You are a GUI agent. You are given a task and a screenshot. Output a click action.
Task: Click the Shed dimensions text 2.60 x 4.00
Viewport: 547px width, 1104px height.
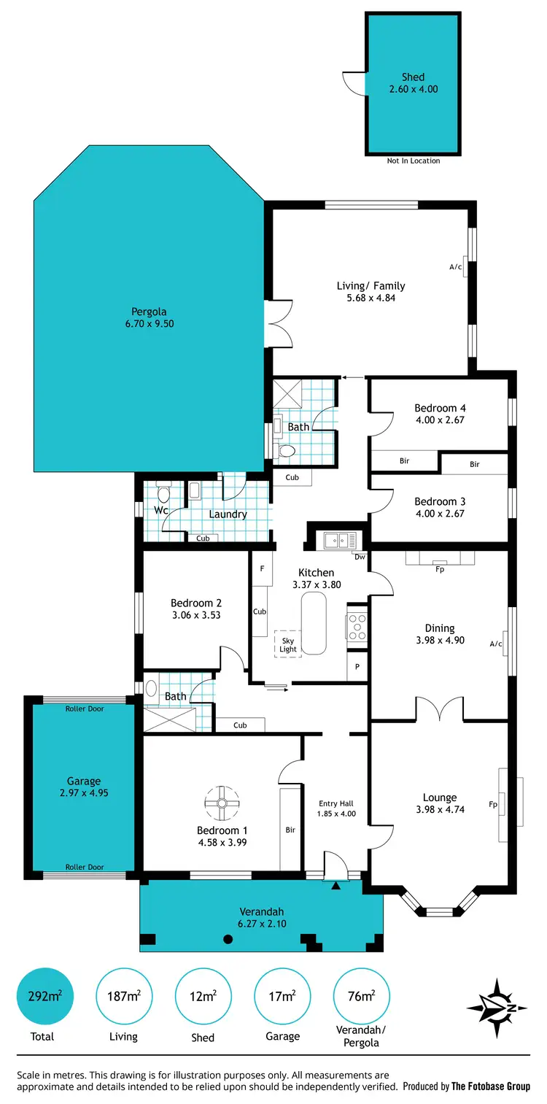[x=414, y=89]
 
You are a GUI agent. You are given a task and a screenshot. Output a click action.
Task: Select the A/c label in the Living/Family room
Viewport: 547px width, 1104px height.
[x=456, y=267]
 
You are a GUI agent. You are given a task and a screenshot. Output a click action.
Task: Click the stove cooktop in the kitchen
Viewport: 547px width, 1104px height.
[x=357, y=626]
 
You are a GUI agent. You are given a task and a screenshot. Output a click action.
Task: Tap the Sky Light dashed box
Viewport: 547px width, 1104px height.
[x=288, y=644]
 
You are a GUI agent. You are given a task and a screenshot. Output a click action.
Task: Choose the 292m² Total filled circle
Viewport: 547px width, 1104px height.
[x=44, y=997]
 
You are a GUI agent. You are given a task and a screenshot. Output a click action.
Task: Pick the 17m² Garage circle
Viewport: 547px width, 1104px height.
[x=282, y=997]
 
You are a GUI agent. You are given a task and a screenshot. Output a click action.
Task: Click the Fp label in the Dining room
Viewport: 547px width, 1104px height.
[x=440, y=569]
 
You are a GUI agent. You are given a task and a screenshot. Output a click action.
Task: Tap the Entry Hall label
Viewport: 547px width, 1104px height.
[x=336, y=803]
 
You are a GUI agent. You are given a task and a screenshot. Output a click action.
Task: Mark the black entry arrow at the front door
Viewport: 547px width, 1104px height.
[x=335, y=886]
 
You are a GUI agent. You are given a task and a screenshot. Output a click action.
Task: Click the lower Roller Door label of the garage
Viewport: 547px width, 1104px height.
[x=85, y=867]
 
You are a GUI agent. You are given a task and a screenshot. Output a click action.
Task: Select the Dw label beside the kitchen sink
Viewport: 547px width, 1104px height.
[x=359, y=557]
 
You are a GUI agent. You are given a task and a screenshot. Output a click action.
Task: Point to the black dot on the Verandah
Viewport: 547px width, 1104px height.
[x=228, y=939]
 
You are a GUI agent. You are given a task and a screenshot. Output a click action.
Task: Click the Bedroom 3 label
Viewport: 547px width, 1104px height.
[x=440, y=502]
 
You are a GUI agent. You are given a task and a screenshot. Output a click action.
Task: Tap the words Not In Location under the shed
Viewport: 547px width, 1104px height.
[x=414, y=161]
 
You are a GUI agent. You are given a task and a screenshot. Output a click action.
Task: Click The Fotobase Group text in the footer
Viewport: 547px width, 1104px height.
[x=491, y=1086]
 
